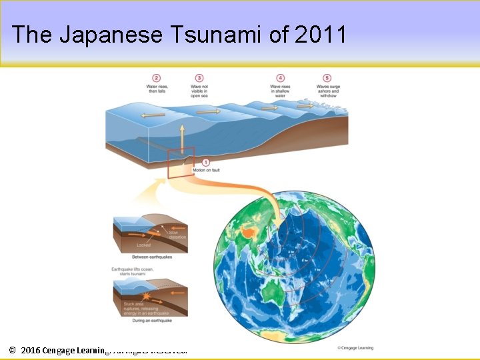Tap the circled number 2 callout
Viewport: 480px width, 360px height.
(157, 78)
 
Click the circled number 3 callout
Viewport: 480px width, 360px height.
(199, 78)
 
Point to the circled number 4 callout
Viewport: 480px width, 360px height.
(280, 78)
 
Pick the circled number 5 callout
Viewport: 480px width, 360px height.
(327, 78)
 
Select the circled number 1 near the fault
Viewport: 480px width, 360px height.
(205, 163)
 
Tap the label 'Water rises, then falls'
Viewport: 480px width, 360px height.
(157, 89)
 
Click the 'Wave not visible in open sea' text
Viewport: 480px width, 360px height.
(199, 91)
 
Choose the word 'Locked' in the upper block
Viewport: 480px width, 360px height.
(143, 245)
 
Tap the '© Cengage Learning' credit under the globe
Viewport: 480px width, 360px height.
(355, 347)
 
